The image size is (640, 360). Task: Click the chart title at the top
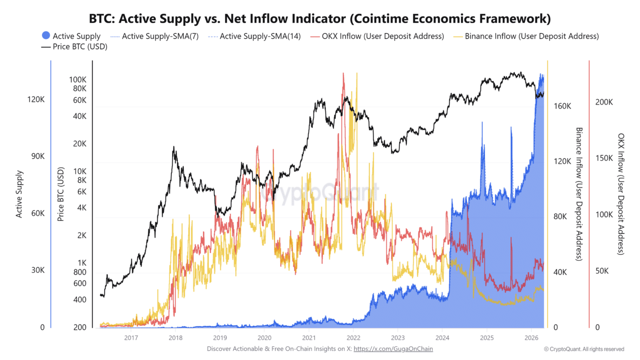coord(320,19)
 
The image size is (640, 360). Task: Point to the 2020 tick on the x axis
coord(264,337)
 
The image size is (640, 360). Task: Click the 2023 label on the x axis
coord(397,337)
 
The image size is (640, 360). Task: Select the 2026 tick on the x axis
coord(531,337)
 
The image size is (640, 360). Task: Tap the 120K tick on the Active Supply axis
coord(35,99)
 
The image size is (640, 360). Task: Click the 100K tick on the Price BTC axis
coord(77,80)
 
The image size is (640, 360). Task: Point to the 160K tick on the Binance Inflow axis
coord(562,106)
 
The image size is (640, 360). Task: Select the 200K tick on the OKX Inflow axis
coord(604,102)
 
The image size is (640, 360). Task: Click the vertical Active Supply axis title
coord(19,194)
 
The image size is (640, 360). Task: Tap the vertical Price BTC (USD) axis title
coord(60,194)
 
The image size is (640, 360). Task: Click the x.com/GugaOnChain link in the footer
coord(393,349)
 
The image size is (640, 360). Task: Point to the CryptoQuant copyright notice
coord(584,349)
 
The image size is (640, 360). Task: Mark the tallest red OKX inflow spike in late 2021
coord(343,74)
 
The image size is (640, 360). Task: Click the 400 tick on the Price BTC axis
coord(80,300)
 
